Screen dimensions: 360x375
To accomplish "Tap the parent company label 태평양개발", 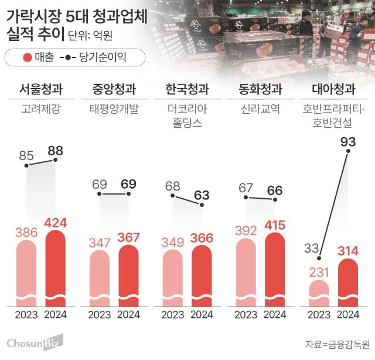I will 114,109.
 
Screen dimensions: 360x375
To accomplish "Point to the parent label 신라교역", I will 260,109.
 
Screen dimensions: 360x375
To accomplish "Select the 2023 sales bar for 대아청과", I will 319,293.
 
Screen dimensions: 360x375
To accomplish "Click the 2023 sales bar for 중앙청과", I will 100,279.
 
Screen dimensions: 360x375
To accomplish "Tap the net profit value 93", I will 348,141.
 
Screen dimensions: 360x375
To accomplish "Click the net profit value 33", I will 311,249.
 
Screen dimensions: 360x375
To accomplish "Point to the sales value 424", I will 56,223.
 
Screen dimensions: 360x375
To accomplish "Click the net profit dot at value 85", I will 26,166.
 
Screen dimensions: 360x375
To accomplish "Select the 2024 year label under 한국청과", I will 202,314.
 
